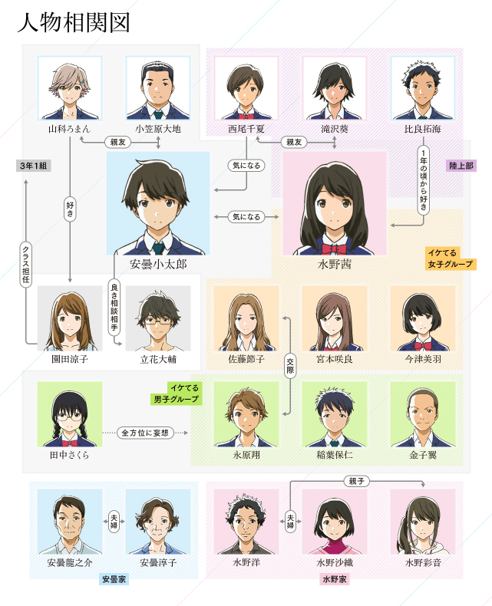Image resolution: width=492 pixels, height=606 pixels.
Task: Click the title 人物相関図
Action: [74, 23]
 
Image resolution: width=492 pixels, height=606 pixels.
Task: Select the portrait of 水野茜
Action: [334, 203]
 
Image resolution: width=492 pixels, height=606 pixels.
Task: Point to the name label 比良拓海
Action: [423, 130]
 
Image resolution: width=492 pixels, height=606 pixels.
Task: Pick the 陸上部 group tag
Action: [463, 165]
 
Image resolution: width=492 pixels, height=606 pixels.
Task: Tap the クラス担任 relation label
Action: [26, 265]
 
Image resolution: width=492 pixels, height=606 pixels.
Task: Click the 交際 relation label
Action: [290, 364]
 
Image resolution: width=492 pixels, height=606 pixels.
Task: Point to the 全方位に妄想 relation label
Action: [146, 433]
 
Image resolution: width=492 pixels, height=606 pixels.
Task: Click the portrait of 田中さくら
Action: [70, 414]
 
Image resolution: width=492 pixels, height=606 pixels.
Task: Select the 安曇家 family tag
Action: [114, 579]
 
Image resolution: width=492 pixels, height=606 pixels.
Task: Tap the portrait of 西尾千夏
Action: [246, 87]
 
